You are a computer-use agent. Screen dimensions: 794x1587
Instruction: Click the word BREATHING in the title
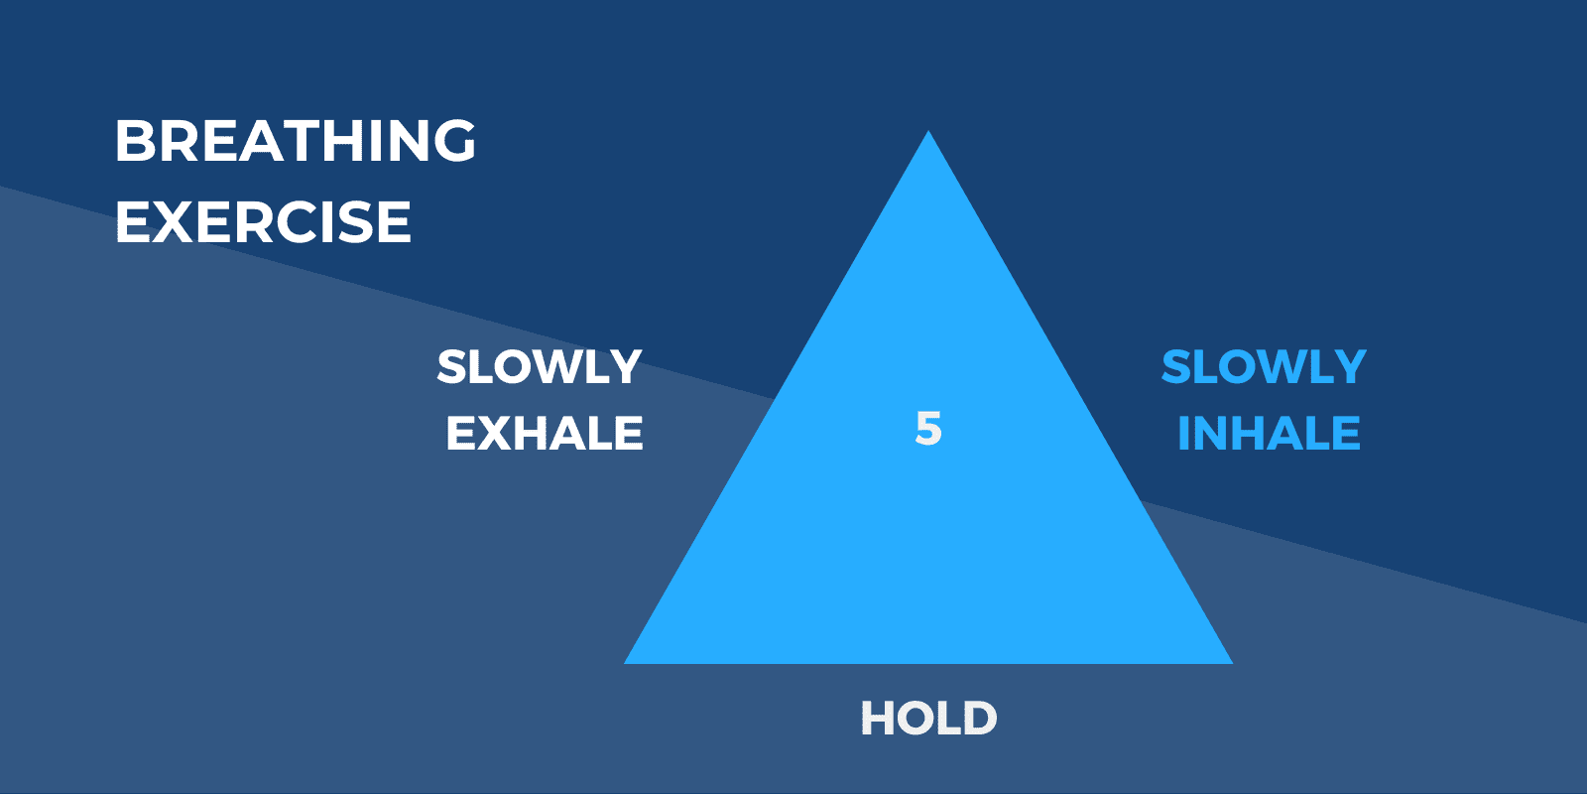296,141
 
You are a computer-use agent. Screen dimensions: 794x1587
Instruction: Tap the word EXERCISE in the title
263,222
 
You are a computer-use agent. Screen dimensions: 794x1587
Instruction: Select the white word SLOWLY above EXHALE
540,367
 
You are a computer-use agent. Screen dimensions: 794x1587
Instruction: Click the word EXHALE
545,434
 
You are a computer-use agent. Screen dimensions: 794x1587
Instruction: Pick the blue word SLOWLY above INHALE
1264,367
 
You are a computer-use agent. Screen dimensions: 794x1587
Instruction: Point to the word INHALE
1269,434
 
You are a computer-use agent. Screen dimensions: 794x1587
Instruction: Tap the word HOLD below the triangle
928,719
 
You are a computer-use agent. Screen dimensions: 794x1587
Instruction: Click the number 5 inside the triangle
928,429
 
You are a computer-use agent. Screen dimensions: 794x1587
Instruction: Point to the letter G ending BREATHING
453,141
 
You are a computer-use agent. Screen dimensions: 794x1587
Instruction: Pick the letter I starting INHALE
1183,434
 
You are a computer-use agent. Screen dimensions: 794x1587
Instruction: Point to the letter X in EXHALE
494,434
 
